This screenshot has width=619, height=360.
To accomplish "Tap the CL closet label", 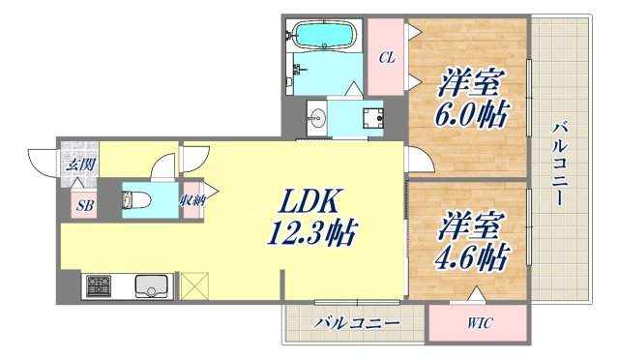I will pos(386,58).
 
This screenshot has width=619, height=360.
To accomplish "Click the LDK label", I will pos(309,202).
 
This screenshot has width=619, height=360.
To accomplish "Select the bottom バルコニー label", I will pos(355,322).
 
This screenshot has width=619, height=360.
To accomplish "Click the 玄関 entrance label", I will pos(80,164).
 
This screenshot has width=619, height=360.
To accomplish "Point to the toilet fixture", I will pos(133,200).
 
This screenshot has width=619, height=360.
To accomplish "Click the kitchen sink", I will pos(152,286).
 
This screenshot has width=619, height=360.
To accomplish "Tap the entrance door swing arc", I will pos(40,160).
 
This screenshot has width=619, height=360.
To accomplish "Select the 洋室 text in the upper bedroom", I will pos(471,77).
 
